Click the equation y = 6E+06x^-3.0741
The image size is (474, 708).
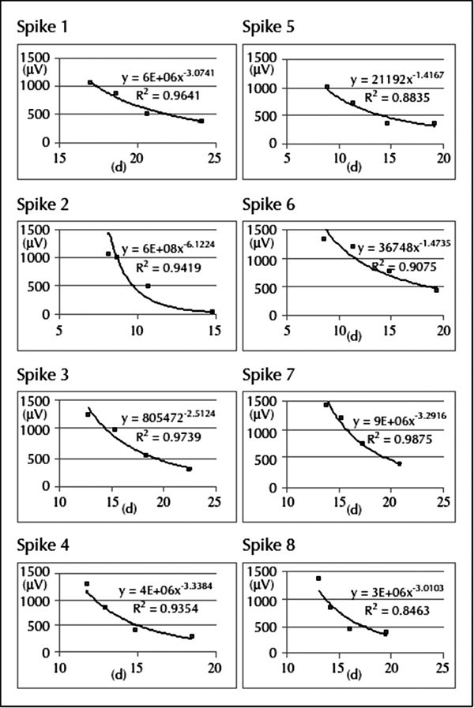coord(168,77)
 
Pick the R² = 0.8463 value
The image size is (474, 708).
coord(391,609)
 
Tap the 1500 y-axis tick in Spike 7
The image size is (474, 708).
coord(265,401)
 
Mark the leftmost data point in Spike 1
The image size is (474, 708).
coord(90,82)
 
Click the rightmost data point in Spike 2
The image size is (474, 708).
coord(212,312)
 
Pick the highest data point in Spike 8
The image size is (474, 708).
coord(318,579)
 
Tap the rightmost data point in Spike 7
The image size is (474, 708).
coord(400,463)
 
